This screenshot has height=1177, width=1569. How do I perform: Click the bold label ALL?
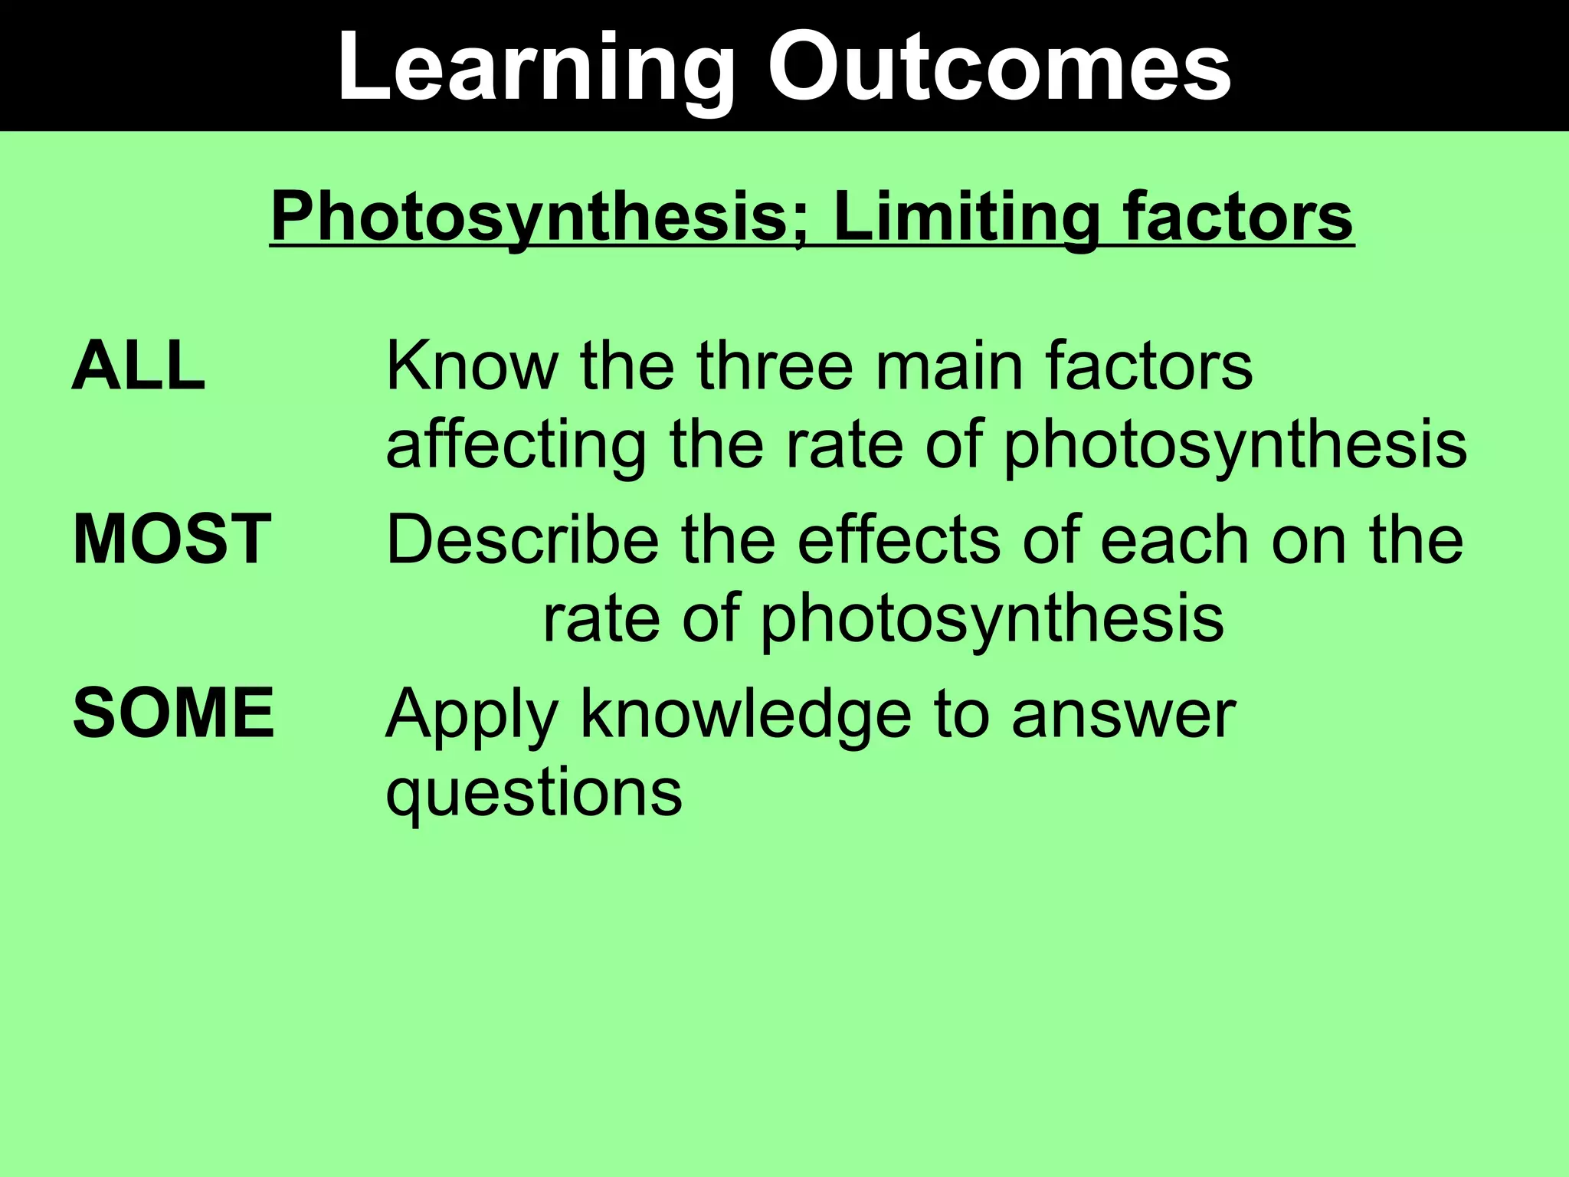pos(139,366)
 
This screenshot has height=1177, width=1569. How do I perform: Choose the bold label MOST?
pos(172,539)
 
